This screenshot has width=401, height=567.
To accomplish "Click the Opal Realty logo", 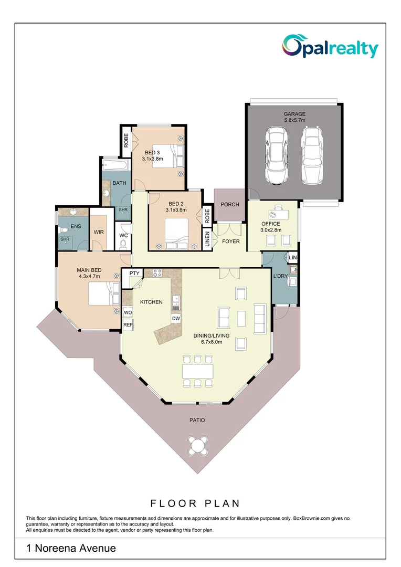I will coord(330,46).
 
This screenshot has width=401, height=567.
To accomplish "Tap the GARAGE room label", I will coord(294,114).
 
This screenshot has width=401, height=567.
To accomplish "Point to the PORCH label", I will coord(230,205).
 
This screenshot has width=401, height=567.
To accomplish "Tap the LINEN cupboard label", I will coord(207,239).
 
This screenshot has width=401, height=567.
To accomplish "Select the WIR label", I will coord(99,232).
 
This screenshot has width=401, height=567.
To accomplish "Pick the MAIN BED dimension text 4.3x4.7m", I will coord(89,276).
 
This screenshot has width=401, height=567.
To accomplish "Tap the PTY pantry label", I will coord(134,273).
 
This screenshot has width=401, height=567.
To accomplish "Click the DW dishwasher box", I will coord(176,319).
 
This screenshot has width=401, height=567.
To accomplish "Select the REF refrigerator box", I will coord(128,325).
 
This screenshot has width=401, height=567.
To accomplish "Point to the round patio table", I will coord(198,446).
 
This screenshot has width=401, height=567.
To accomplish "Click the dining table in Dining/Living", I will coord(198,371).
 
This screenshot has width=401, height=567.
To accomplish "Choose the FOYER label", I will coord(231,241).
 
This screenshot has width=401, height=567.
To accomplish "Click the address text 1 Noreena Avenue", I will coord(71,549).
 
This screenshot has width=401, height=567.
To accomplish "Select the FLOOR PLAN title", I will coord(195,503).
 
